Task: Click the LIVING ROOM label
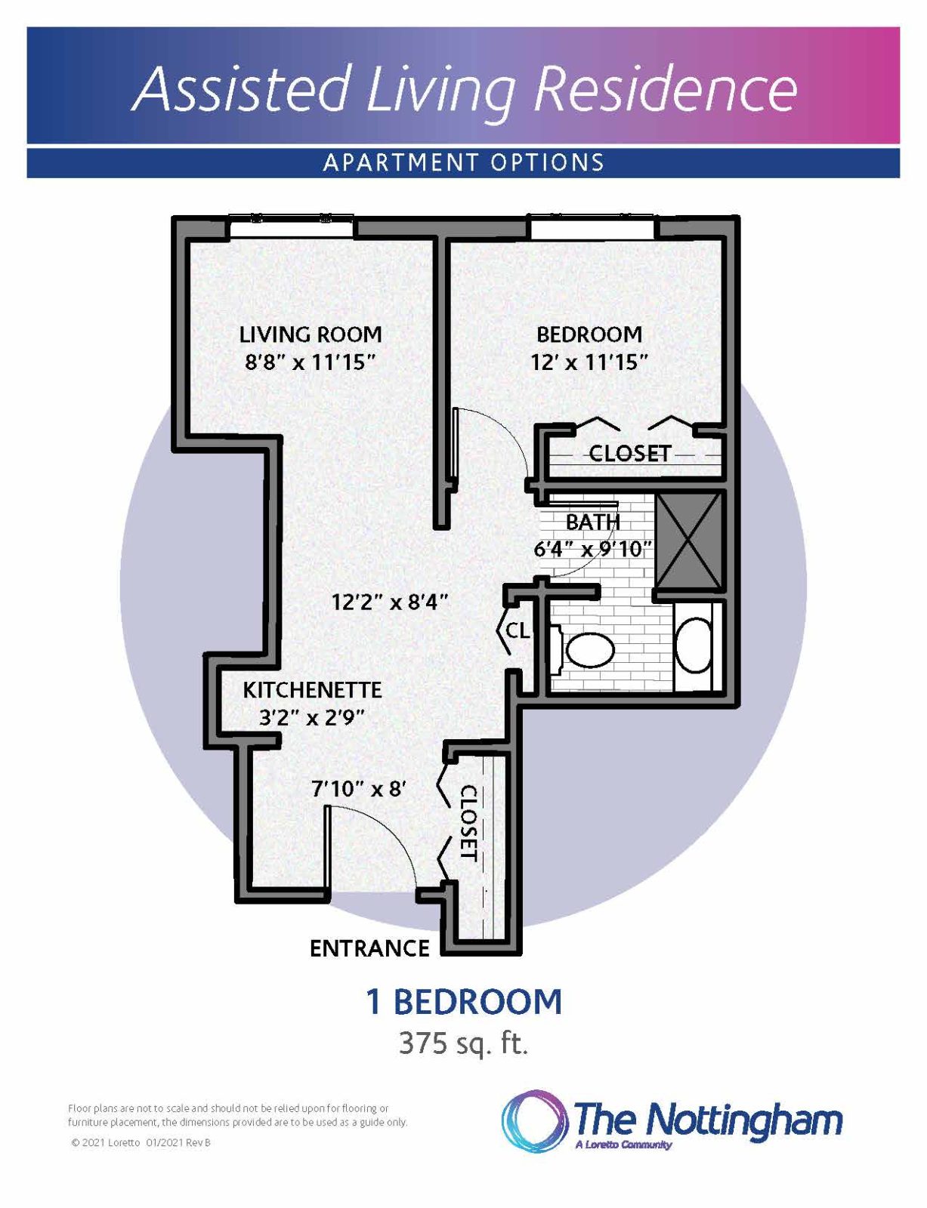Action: pyautogui.click(x=311, y=334)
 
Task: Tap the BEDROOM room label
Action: pyautogui.click(x=589, y=334)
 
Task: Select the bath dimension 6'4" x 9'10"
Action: pyautogui.click(x=592, y=549)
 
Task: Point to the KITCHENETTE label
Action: pyautogui.click(x=312, y=689)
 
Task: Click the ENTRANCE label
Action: pyautogui.click(x=369, y=948)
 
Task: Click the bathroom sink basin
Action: pyautogui.click(x=693, y=646)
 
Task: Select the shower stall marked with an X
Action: pyautogui.click(x=689, y=541)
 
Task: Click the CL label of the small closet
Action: pyautogui.click(x=518, y=630)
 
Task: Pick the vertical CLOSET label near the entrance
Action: pyautogui.click(x=469, y=823)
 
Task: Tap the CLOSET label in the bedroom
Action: pyautogui.click(x=630, y=454)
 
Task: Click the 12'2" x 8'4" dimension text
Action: pyautogui.click(x=390, y=602)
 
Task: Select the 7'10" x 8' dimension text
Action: pyautogui.click(x=359, y=789)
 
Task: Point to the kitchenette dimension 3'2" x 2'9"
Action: pyautogui.click(x=312, y=717)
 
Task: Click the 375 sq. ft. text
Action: pyautogui.click(x=463, y=1043)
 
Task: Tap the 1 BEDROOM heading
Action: pyautogui.click(x=464, y=1002)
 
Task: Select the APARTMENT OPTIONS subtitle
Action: pyautogui.click(x=463, y=162)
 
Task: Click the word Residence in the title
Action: pyautogui.click(x=665, y=88)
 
